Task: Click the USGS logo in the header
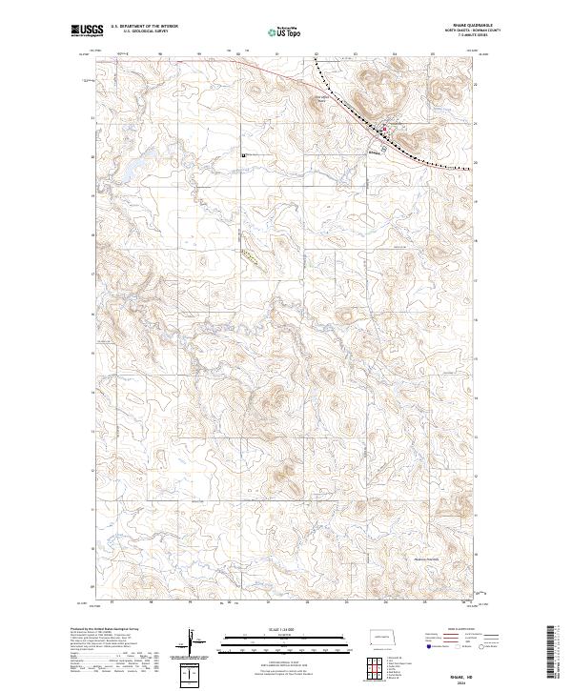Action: click(x=87, y=31)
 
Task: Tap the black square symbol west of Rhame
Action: click(x=244, y=154)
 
